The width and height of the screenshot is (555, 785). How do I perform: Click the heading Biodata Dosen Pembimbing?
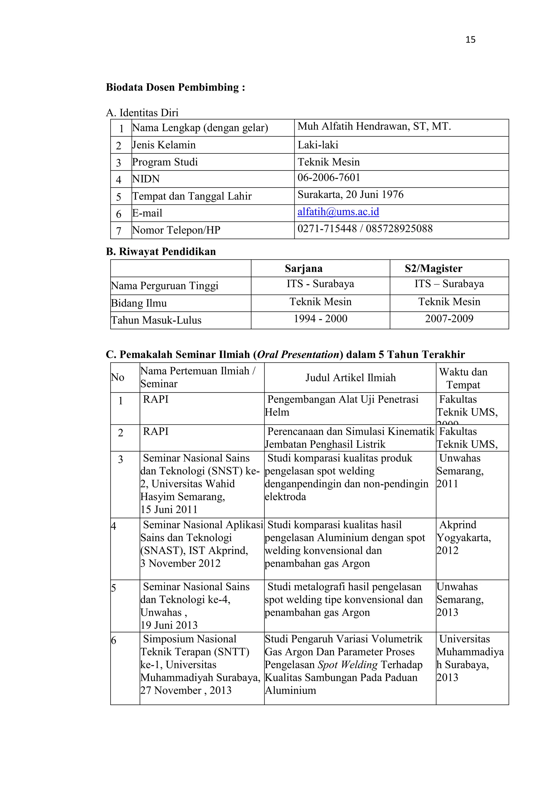175,87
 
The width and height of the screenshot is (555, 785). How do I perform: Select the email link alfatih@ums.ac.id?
338,212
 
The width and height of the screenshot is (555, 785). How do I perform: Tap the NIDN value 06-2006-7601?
329,178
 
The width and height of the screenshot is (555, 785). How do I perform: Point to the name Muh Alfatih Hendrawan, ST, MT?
374,127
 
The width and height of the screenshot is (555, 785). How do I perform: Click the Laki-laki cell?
318,145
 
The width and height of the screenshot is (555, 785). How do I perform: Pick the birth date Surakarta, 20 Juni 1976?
350,195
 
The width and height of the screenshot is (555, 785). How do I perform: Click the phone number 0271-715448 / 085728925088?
365,229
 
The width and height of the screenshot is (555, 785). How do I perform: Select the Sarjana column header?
304,268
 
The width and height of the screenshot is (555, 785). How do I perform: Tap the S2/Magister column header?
433,268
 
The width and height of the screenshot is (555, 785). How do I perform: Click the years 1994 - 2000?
320,319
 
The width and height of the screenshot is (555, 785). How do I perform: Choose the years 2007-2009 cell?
449,319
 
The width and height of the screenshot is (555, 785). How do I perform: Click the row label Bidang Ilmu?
139,303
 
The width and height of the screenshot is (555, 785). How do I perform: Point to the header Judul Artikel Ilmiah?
350,378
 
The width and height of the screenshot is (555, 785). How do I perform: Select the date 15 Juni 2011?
169,509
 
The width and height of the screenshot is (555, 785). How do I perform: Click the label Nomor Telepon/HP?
176,230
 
